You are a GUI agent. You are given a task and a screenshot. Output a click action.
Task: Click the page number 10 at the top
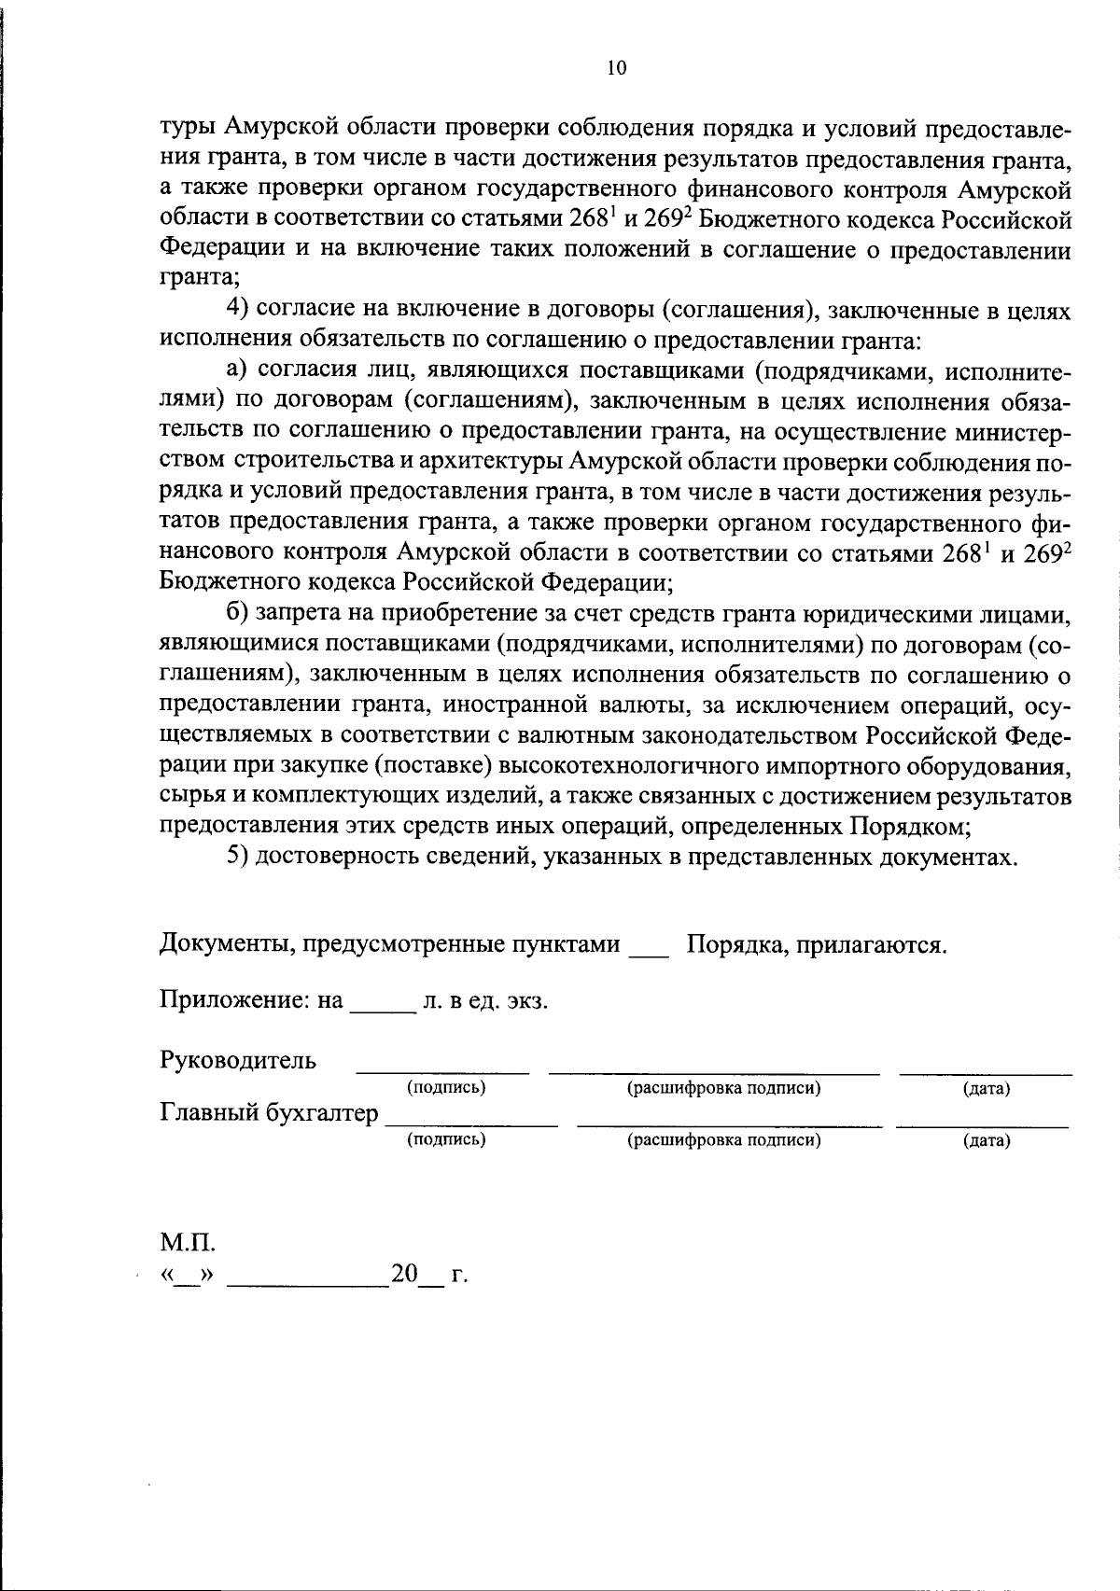(x=617, y=67)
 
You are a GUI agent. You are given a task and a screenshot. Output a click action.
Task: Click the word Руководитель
(x=238, y=1060)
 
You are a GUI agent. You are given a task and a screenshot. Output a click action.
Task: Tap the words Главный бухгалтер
(x=270, y=1112)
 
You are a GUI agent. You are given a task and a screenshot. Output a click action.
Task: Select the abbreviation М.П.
(x=187, y=1243)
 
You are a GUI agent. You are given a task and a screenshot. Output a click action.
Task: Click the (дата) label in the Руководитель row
(x=986, y=1088)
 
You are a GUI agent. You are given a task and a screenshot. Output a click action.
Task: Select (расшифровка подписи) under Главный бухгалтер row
(x=723, y=1139)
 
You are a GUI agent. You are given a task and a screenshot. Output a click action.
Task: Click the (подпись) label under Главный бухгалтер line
(x=446, y=1139)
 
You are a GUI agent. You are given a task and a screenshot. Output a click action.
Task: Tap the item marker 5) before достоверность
(x=238, y=857)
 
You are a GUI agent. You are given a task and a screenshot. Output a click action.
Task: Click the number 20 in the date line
(x=404, y=1274)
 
